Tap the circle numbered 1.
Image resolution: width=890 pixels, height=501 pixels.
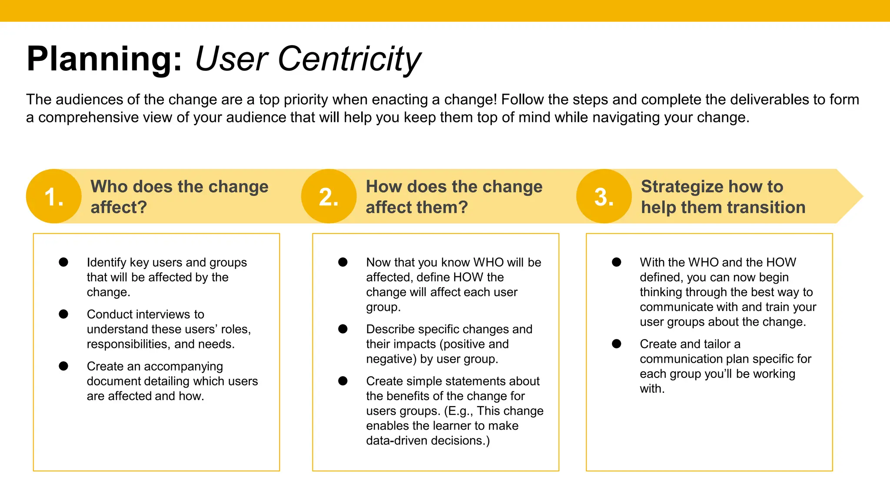pos(54,197)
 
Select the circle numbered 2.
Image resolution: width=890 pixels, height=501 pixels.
pos(329,197)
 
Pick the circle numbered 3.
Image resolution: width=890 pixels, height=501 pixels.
pos(604,197)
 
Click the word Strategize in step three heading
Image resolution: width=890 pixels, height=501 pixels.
pos(682,187)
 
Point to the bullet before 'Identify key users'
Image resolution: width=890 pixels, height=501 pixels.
pos(63,262)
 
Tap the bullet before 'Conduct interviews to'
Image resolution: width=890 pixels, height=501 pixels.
pos(63,314)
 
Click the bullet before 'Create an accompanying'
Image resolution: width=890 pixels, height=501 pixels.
pos(63,366)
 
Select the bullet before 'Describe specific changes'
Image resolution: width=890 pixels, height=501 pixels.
pos(343,329)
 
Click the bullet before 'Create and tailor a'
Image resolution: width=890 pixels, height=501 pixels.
pos(617,344)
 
